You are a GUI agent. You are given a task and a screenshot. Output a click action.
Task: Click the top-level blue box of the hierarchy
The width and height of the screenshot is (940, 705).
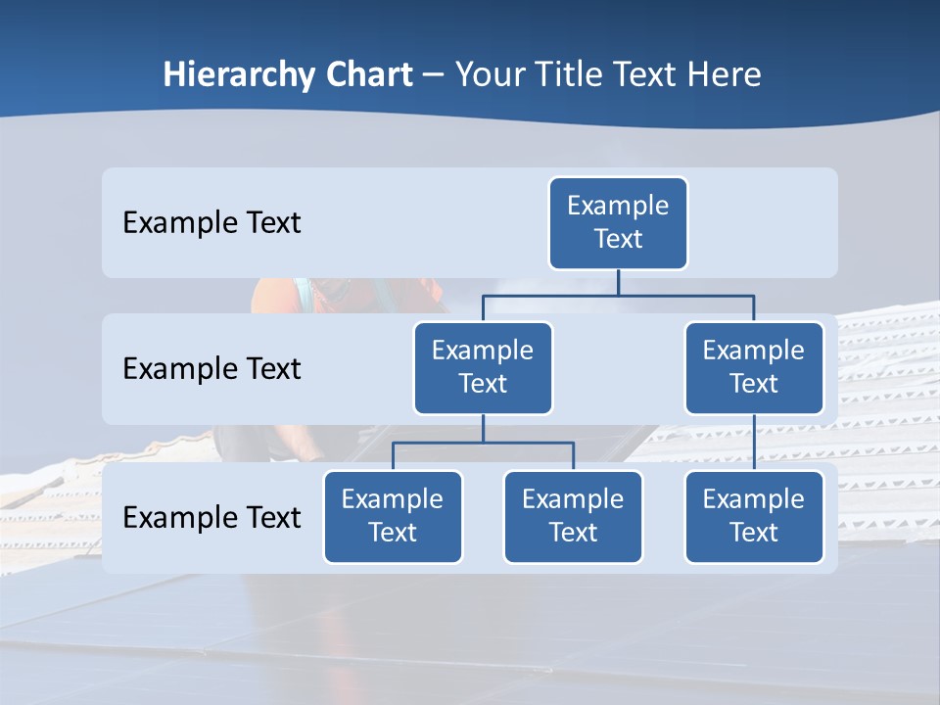coord(618,222)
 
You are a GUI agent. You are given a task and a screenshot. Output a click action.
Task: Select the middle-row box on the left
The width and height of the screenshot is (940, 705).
coord(483,367)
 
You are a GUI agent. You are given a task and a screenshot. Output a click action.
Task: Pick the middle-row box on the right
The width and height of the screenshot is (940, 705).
coord(754,367)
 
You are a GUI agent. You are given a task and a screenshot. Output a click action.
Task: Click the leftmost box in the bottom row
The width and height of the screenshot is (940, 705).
coord(393,516)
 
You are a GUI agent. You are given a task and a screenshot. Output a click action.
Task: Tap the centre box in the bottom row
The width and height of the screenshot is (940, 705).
coord(573,516)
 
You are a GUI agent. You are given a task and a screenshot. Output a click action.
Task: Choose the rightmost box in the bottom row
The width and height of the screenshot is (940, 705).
coord(754,516)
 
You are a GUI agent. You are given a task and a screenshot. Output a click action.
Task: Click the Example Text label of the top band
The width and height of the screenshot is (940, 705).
coord(211,222)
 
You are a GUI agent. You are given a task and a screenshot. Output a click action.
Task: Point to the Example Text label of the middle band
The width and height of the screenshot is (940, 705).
coord(211,368)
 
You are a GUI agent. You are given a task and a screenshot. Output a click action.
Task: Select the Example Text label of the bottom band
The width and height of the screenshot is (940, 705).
coord(211,517)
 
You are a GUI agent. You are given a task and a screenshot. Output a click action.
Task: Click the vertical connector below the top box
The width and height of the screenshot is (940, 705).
coord(618,282)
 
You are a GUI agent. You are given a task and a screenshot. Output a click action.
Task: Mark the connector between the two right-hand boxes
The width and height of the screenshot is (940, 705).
coord(754,443)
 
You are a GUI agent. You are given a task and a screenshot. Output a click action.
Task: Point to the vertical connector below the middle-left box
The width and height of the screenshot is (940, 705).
coord(483,429)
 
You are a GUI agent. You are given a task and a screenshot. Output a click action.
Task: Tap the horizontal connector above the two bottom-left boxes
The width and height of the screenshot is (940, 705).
coord(483,443)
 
